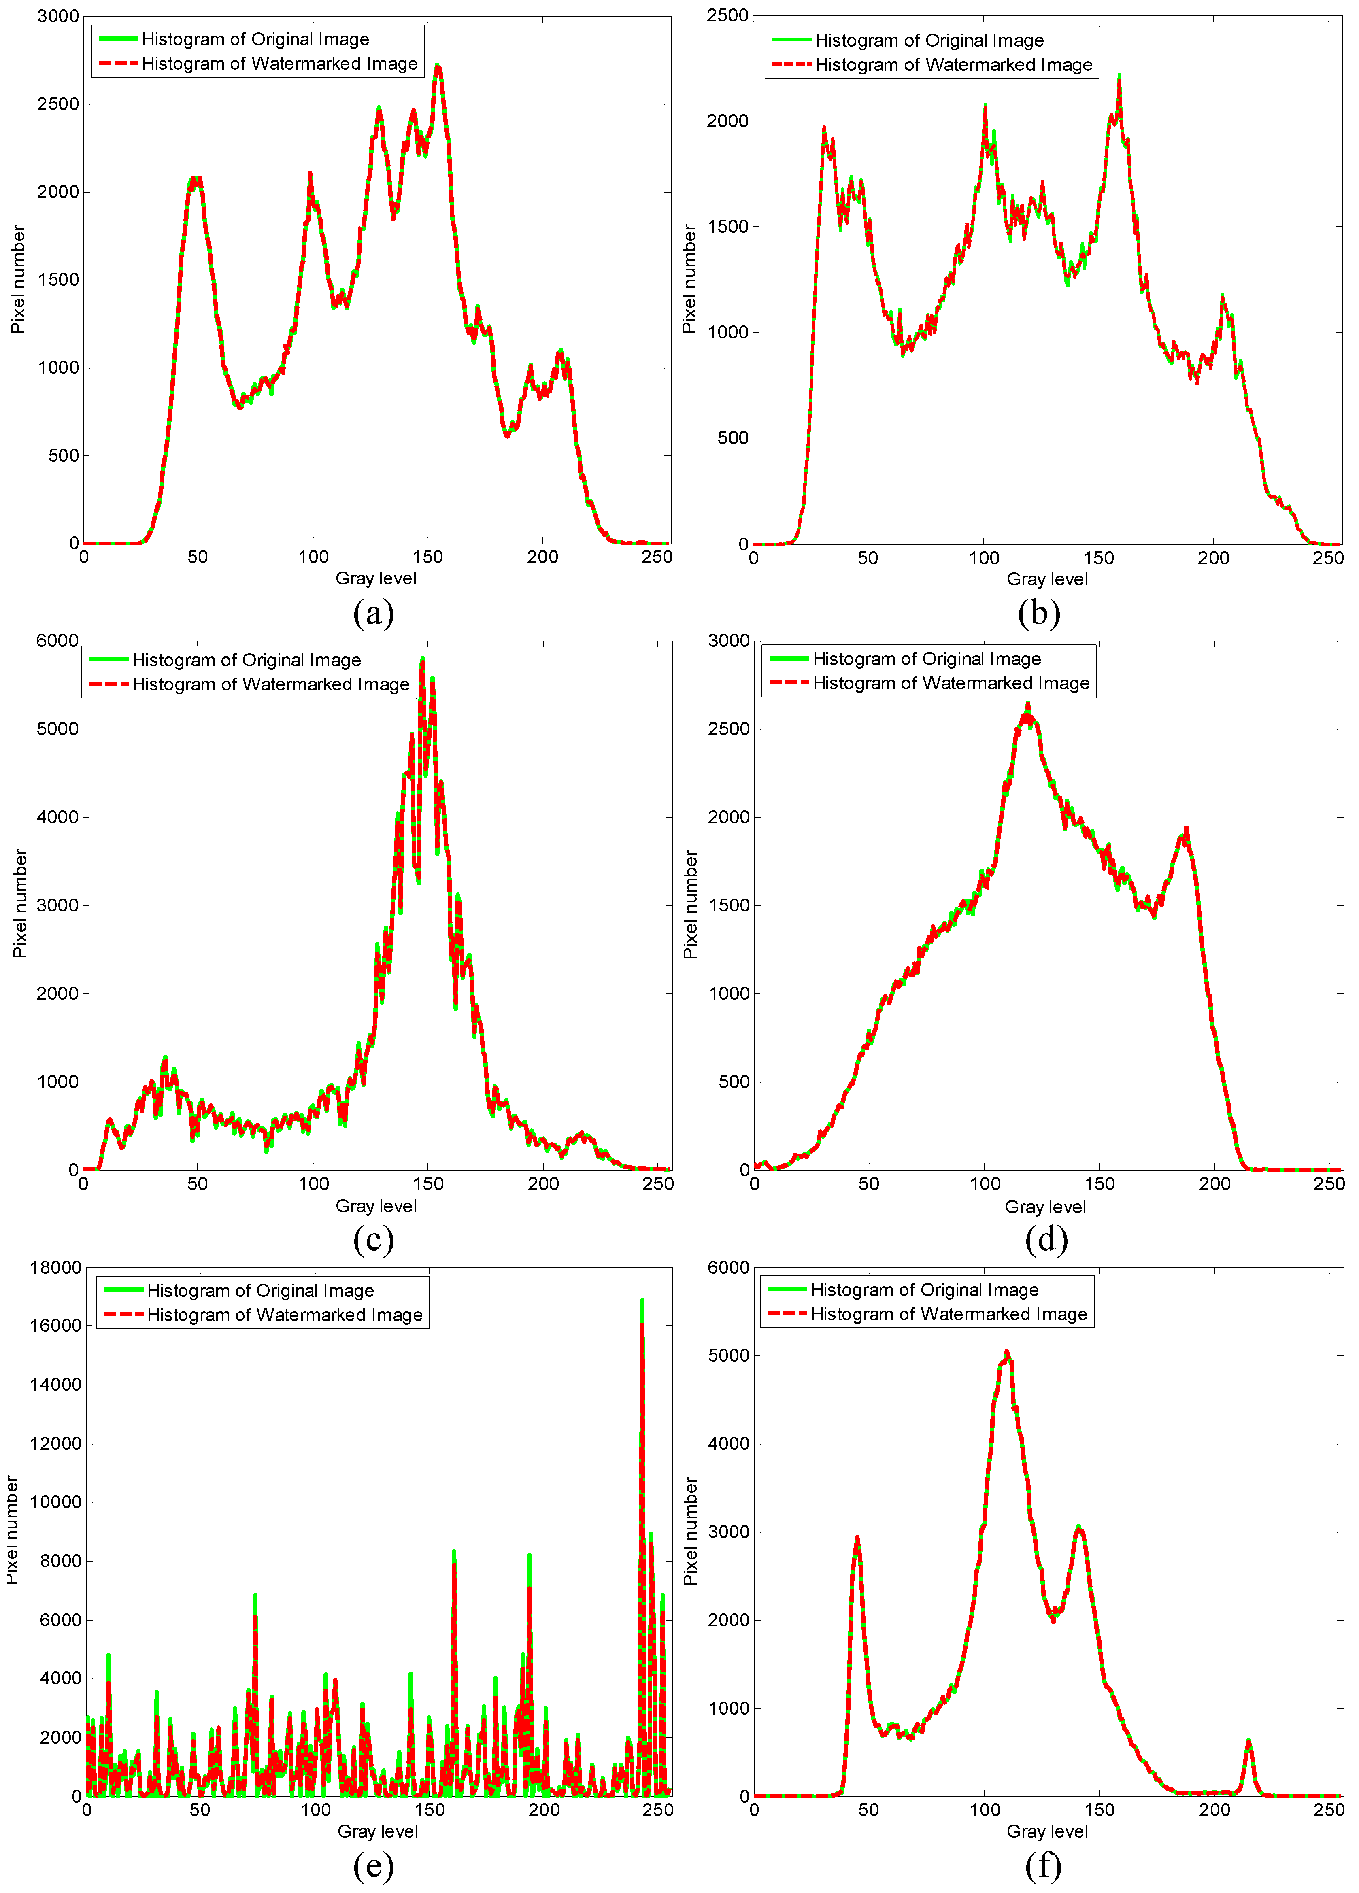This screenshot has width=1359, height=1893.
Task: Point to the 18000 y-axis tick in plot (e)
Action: (x=56, y=1268)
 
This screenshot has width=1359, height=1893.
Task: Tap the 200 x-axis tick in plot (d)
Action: (x=1214, y=1183)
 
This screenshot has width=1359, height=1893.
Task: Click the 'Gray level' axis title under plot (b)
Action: (x=1047, y=579)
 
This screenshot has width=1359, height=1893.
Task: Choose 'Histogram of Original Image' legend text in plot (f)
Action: (x=925, y=1290)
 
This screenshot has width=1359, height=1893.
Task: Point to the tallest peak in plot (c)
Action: (x=422, y=659)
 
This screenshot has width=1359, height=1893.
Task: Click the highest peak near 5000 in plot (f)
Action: (x=1007, y=1352)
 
